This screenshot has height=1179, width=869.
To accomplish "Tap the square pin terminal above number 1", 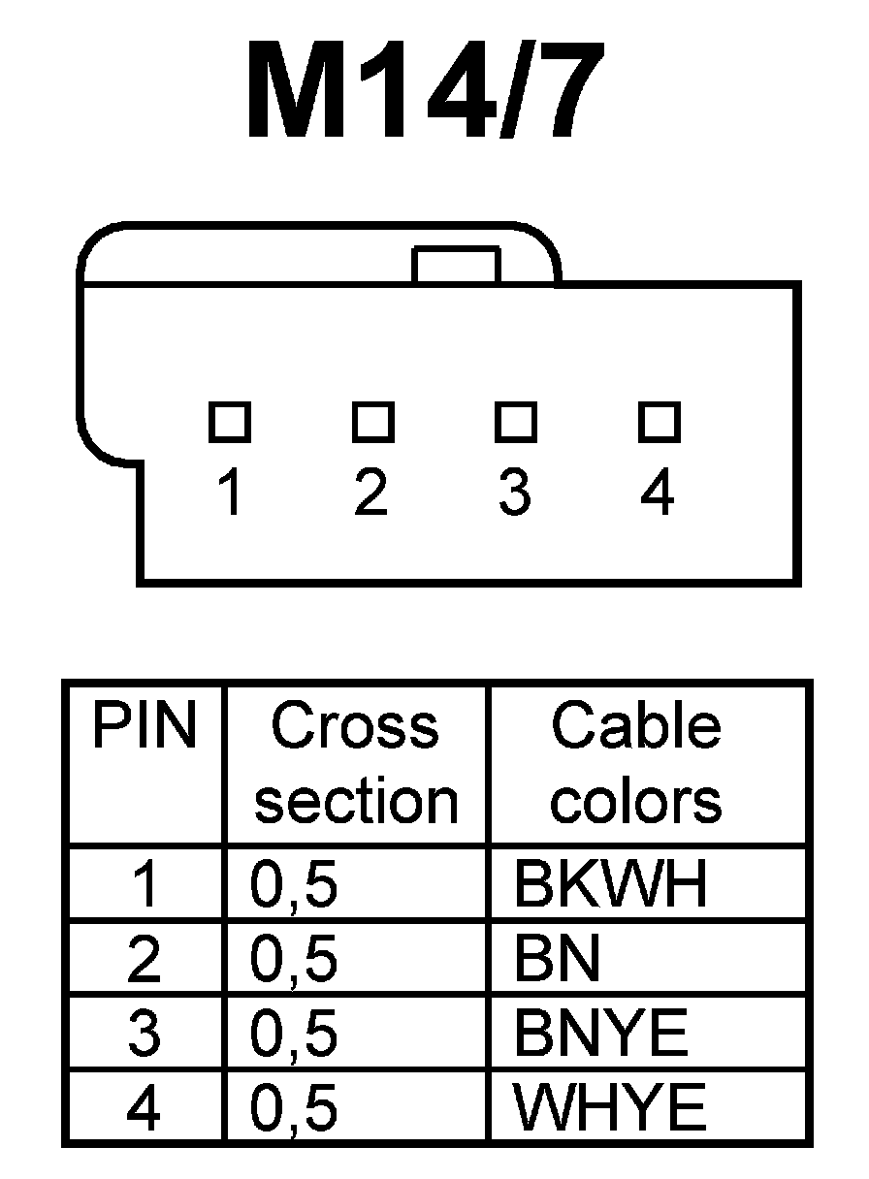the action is (230, 421).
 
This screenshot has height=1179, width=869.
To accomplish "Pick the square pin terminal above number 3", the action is (515, 421).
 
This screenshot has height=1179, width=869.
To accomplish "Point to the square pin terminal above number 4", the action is (658, 421).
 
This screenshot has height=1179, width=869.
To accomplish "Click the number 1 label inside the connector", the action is (230, 493).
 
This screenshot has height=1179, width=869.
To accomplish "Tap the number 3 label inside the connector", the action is (515, 493).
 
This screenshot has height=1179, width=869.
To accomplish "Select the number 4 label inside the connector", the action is (658, 493).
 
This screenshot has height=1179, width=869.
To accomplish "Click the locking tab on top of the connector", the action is (456, 265).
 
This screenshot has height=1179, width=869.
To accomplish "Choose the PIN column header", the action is (144, 727).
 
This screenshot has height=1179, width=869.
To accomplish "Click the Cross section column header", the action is (356, 764).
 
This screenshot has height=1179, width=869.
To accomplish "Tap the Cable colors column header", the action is (636, 764).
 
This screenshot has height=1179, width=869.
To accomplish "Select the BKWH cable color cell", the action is (611, 884).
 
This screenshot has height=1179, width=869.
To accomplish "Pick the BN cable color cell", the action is (558, 959).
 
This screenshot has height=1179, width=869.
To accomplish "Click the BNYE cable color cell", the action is (601, 1034).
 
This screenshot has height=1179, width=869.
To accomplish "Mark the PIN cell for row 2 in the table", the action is (144, 959).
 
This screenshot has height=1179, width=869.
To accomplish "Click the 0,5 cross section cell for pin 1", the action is (295, 884).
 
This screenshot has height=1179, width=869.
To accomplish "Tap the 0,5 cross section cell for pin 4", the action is (295, 1107).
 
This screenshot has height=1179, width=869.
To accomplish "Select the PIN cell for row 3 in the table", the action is (144, 1034).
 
